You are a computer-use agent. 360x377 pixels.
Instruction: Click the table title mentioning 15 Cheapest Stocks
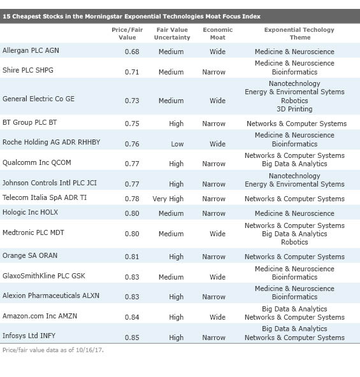[x=132, y=17]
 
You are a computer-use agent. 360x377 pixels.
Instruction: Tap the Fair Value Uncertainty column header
[x=171, y=33]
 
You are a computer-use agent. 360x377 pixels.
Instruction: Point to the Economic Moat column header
[x=217, y=33]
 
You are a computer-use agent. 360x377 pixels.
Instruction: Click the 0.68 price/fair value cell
[x=132, y=52]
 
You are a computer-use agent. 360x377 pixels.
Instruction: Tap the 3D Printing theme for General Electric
[x=294, y=109]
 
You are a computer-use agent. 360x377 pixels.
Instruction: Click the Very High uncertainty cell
[x=168, y=199]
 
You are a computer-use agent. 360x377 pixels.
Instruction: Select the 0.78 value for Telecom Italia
[x=132, y=199]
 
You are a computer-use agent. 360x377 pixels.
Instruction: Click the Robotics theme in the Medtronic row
[x=294, y=242]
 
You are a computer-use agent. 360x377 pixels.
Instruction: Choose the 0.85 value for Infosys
[x=132, y=338]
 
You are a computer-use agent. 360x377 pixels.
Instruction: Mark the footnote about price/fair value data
[x=52, y=350]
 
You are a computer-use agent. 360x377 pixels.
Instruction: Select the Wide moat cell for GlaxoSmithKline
[x=217, y=277]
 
